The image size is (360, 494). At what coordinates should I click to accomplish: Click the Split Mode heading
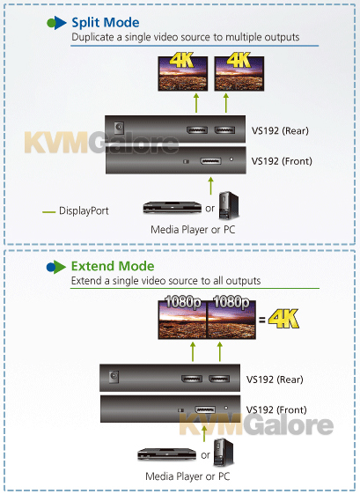click(106, 23)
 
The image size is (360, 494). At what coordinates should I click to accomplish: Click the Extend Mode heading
click(113, 266)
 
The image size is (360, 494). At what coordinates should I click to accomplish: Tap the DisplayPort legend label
click(84, 210)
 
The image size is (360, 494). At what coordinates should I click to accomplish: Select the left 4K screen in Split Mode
click(183, 74)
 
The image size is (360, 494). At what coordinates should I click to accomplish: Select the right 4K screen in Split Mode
click(239, 74)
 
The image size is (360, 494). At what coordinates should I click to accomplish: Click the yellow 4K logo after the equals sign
click(283, 319)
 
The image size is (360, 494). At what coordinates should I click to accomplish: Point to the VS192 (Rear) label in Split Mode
click(280, 130)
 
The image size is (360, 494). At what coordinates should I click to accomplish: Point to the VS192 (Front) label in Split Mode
click(282, 161)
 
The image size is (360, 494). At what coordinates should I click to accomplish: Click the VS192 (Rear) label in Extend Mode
click(275, 380)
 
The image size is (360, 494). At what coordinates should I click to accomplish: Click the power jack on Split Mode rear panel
click(119, 128)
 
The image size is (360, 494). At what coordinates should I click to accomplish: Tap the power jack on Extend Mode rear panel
click(114, 376)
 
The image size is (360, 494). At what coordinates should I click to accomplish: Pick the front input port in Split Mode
click(210, 161)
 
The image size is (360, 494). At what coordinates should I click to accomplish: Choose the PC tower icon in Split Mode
click(229, 206)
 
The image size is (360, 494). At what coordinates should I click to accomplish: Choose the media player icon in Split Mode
click(172, 208)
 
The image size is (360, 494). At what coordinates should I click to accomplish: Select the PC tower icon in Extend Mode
click(224, 453)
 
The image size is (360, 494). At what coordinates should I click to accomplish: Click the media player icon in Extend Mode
click(167, 454)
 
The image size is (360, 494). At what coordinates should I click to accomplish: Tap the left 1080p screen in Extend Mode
click(182, 320)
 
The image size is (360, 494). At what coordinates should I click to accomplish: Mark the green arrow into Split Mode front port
click(210, 186)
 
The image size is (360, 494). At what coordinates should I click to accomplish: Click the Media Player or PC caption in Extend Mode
click(187, 476)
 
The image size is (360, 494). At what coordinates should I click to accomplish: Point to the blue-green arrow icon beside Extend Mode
click(56, 267)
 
